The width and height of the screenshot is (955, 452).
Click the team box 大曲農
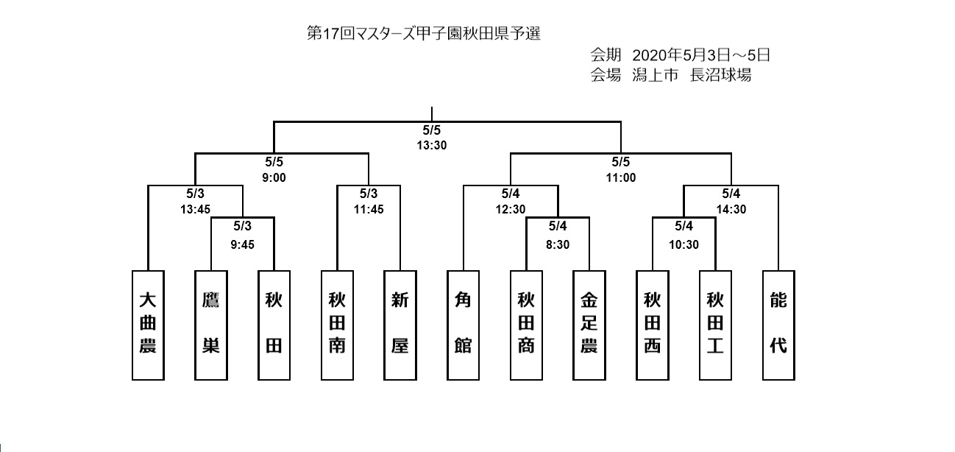148,325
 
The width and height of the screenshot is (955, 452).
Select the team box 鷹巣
211,325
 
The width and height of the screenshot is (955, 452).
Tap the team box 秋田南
337,325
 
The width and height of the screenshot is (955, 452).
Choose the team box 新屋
400,325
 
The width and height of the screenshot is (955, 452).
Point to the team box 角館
463,325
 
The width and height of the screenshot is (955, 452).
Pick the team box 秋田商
526,325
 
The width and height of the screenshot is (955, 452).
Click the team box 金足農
589,325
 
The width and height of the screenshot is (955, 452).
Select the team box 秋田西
653,325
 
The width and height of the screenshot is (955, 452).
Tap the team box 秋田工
715,325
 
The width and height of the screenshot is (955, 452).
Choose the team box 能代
778,325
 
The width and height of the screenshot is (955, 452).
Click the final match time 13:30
432,146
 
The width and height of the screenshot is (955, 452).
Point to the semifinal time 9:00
274,177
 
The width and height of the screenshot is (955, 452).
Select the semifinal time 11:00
621,177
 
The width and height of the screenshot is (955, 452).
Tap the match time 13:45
195,209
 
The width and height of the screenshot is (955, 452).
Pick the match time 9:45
243,244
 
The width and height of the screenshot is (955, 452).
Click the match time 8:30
558,244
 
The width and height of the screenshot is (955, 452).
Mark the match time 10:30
684,244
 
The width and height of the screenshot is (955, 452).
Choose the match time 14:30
731,209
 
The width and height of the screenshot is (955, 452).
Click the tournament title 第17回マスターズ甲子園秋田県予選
424,33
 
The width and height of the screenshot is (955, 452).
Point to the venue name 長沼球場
720,75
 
